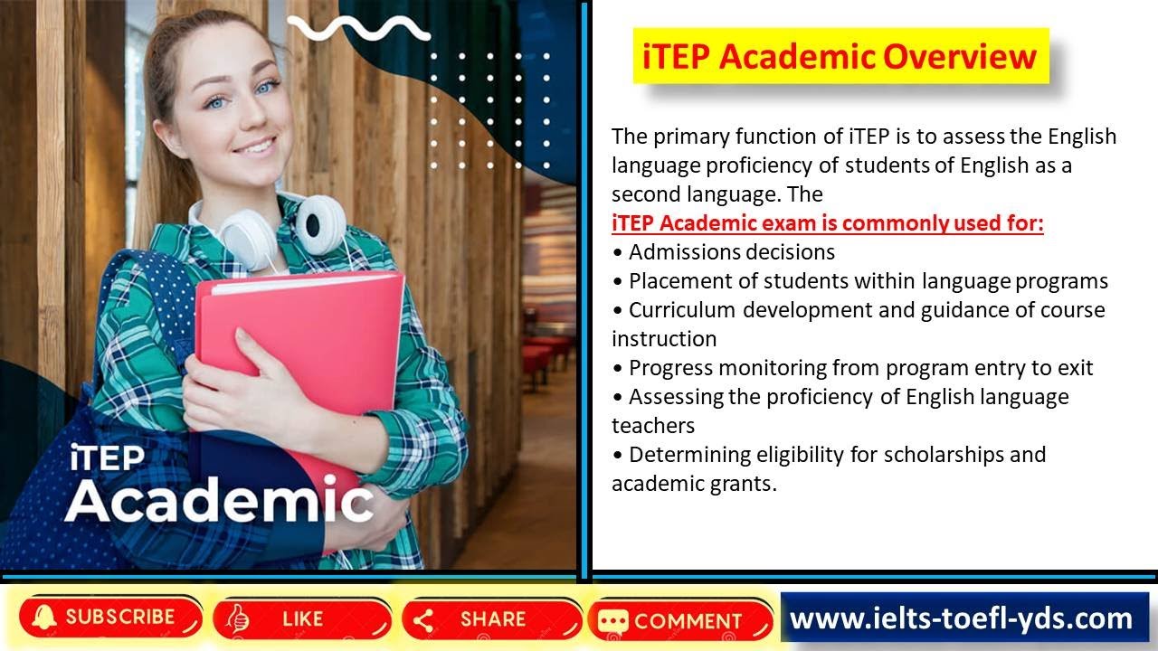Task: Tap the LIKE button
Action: point(302,618)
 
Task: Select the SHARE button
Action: point(491,619)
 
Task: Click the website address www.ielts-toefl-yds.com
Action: point(961,618)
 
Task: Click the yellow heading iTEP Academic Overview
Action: point(840,56)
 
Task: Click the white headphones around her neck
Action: point(318,224)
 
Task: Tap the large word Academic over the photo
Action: point(219,500)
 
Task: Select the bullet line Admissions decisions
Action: point(731,251)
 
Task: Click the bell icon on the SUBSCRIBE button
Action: point(42,618)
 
